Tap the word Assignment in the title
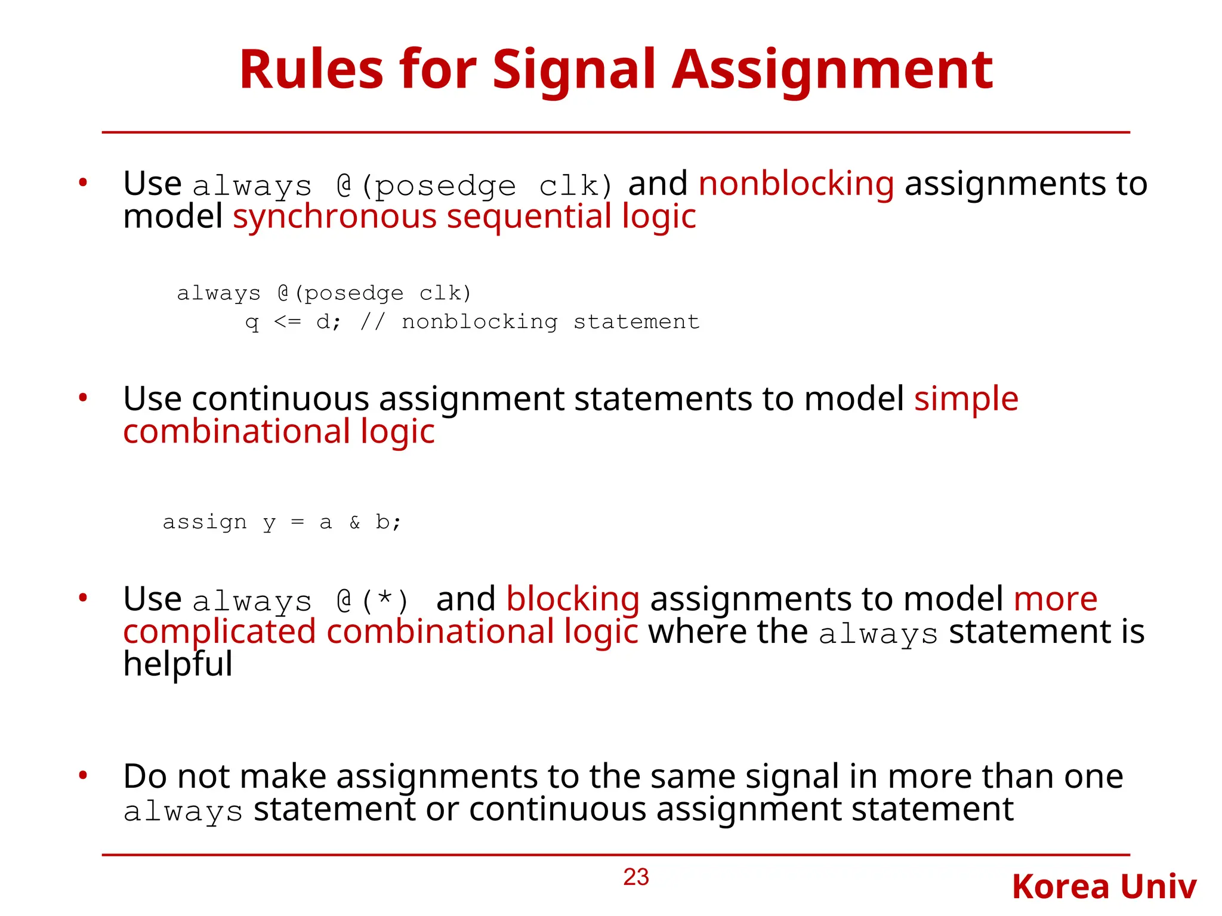[832, 70]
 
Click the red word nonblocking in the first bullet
[796, 183]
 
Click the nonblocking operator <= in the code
[288, 322]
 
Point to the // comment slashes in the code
[373, 322]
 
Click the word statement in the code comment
[636, 322]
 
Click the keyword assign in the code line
[205, 522]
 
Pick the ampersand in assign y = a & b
[355, 522]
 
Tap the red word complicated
[219, 632]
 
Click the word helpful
[178, 664]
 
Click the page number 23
[636, 877]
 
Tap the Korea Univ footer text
[1104, 887]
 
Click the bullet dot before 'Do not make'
[84, 775]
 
